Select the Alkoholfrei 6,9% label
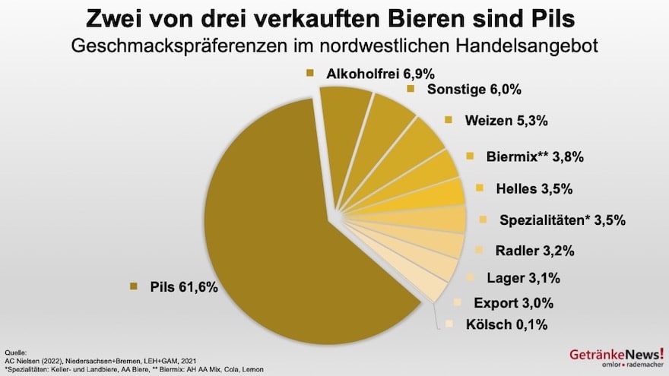coord(369,73)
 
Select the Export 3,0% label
coord(513,302)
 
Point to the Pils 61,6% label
coord(182,286)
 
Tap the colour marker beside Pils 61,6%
coord(134,286)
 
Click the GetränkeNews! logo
coord(615,358)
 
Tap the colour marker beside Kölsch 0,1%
coord(449,325)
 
